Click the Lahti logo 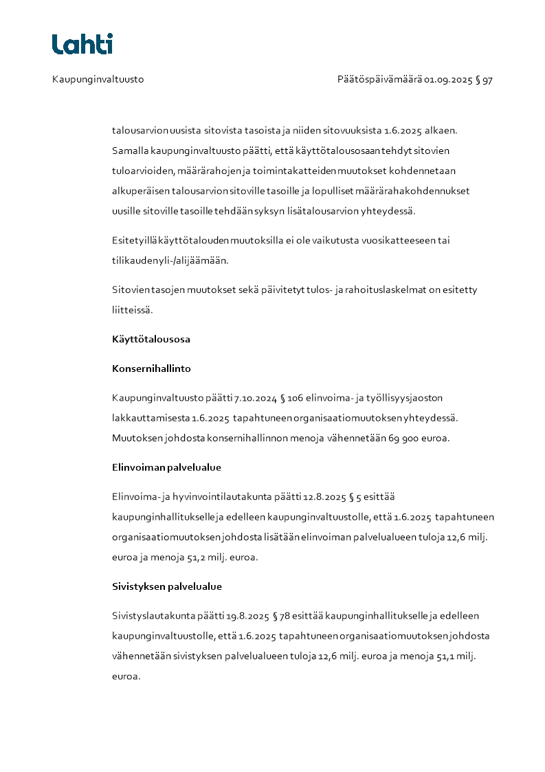pos(82,44)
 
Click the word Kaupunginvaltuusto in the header pos(98,80)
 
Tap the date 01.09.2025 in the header pos(448,80)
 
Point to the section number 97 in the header pos(487,80)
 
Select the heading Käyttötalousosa pos(151,339)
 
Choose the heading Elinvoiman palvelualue pos(166,467)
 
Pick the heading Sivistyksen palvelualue pos(167,587)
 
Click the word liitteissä pos(133,310)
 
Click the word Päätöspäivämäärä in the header pos(379,80)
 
